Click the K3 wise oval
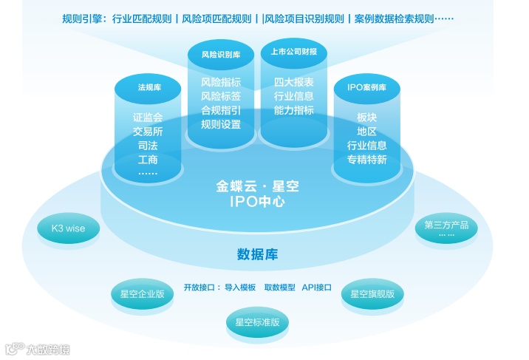coord(68,229)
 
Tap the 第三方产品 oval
coord(446,228)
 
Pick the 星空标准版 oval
coord(257,322)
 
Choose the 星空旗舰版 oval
coord(372,294)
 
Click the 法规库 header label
coord(149,88)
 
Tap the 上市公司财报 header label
coord(293,52)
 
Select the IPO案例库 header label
coord(366,87)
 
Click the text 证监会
coord(148,118)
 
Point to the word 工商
coord(148,160)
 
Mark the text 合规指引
coord(221,110)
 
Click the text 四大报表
coord(293,82)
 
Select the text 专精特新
coord(366,160)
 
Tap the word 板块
coord(366,118)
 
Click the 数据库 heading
coord(257,255)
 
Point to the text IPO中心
coord(257,201)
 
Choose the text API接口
coord(316,287)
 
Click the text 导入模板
coord(240,287)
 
